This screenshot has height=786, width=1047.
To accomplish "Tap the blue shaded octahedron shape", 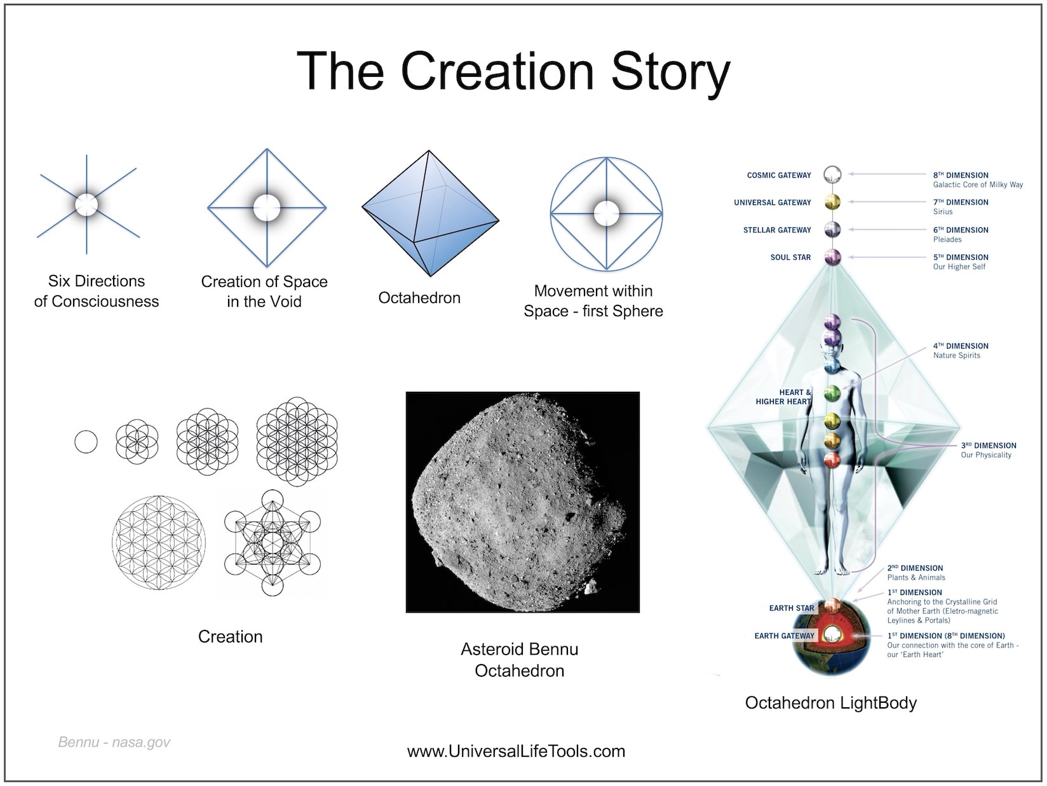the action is click(x=430, y=213).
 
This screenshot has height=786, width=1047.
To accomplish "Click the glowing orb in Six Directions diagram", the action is click(x=86, y=205).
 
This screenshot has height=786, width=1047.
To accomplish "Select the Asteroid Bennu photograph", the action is click(x=522, y=502).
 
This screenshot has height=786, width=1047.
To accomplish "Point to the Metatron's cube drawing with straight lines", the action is click(x=273, y=542).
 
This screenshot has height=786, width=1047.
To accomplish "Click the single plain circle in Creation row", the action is click(x=86, y=442).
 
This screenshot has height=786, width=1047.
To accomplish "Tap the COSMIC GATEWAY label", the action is click(x=779, y=175).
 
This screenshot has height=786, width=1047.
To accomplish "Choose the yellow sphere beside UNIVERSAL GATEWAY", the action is click(x=832, y=202).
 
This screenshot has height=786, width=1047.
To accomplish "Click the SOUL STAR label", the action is click(x=790, y=257).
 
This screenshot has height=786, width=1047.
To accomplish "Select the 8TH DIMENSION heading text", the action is click(x=961, y=175).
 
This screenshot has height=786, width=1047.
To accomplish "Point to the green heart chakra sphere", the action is click(x=832, y=393).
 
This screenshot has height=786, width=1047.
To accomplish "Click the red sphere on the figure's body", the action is click(x=832, y=460).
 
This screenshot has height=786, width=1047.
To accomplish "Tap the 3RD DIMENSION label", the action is click(x=989, y=445).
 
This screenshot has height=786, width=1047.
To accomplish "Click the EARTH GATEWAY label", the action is click(x=784, y=636).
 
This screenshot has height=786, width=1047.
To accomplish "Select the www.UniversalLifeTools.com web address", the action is click(x=516, y=751).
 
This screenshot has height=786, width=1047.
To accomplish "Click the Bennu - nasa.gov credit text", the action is click(x=114, y=742).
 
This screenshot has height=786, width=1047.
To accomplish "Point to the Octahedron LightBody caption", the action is click(x=830, y=703).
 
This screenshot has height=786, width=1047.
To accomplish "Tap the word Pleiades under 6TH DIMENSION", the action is click(x=947, y=239).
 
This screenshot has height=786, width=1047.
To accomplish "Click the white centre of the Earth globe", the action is click(x=832, y=634).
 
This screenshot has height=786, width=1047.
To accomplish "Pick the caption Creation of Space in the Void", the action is click(x=264, y=291).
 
